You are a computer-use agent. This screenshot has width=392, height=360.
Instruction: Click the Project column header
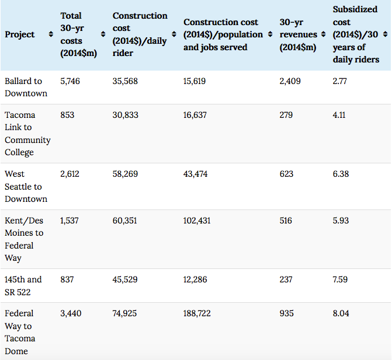coord(19,35)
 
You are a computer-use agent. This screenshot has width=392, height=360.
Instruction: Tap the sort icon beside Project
coord(51,35)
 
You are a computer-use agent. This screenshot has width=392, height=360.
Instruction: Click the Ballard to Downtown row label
coord(26,88)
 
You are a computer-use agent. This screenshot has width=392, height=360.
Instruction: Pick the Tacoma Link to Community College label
coord(27,134)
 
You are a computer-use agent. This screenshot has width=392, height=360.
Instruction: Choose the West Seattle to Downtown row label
coord(26,186)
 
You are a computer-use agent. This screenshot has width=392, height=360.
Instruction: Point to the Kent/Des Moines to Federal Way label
coord(24,239)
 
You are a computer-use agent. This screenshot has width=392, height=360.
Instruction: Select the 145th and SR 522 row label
coord(23,285)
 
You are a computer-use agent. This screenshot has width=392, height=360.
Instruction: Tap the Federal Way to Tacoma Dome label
coord(19,332)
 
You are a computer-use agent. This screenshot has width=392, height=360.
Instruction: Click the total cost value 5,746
coord(70,81)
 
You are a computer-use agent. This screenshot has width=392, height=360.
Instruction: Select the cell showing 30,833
coord(125,115)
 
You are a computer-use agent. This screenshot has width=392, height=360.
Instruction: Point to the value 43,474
coord(195,174)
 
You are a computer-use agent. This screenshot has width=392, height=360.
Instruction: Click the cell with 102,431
coord(197,221)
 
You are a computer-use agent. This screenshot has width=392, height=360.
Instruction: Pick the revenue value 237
coord(286,279)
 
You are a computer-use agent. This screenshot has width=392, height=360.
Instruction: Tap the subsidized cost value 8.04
coord(341,313)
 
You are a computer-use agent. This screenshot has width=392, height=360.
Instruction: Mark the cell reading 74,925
coord(125,313)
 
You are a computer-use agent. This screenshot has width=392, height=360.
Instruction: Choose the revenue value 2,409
coord(290,81)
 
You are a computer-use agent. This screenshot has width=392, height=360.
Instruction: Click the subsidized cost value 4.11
coord(339,115)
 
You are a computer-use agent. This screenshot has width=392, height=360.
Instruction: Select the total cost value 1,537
coord(70,221)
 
